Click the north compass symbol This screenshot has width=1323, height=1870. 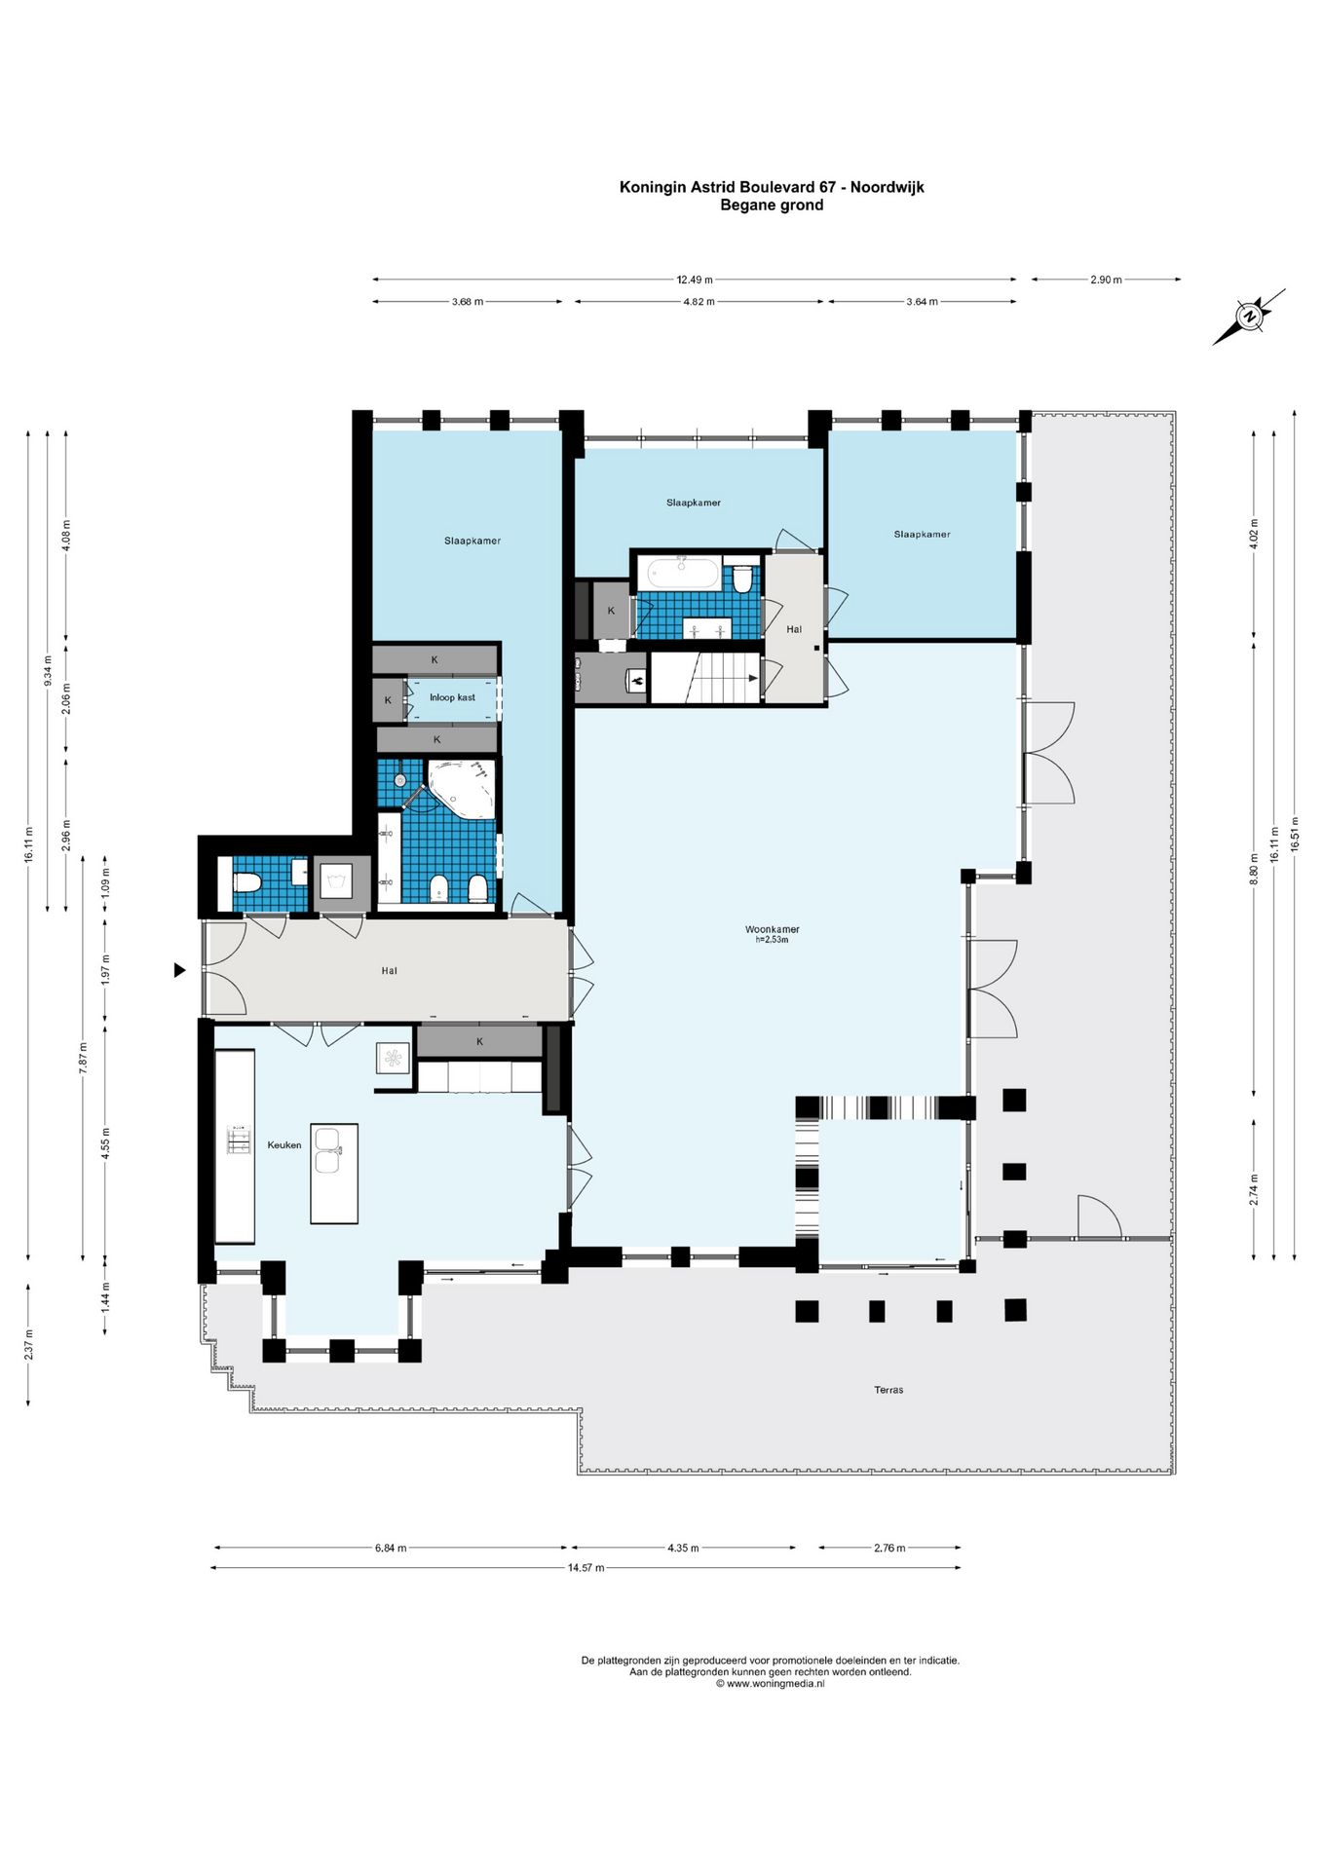tap(1249, 316)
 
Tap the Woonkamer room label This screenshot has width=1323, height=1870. tap(772, 929)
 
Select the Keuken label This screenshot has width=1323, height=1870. tap(284, 1145)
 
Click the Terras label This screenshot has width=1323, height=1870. tap(888, 1390)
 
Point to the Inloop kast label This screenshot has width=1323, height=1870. tap(452, 697)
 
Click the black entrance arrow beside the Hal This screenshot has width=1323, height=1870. tap(179, 970)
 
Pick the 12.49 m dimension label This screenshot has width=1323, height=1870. tap(695, 280)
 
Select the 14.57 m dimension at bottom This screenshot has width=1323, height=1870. tap(586, 1568)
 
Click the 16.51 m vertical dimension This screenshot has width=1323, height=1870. tap(1295, 834)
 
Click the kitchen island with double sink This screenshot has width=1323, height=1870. tap(333, 1173)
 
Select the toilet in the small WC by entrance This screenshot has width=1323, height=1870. tap(246, 883)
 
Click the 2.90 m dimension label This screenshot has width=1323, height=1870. tap(1106, 280)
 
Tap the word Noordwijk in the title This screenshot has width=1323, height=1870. tap(887, 187)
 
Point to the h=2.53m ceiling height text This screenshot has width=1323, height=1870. tap(772, 940)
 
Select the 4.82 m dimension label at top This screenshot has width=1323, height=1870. tap(699, 302)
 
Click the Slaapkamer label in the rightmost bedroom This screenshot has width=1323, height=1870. tap(922, 534)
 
